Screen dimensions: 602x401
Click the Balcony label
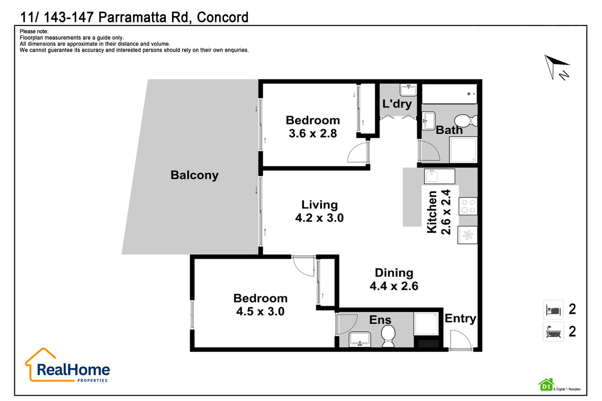[194, 175]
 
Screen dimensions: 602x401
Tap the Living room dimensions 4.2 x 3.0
[319, 218]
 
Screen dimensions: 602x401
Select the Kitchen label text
[432, 212]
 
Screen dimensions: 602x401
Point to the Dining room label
[394, 273]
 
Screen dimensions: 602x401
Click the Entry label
[460, 319]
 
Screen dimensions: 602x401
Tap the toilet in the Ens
[388, 336]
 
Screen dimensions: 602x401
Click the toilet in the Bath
[466, 121]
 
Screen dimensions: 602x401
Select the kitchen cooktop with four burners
[468, 206]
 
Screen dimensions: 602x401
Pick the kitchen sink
[439, 177]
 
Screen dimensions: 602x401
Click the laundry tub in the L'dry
[408, 90]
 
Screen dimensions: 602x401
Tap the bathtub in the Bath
[450, 94]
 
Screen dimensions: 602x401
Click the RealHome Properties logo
[67, 365]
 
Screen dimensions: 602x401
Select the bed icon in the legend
[553, 310]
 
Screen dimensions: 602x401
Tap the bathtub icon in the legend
[553, 332]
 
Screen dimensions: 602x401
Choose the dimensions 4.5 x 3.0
[260, 312]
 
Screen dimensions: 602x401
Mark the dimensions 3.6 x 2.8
[312, 134]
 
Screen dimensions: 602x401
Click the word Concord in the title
[223, 17]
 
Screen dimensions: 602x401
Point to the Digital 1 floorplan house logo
[546, 385]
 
